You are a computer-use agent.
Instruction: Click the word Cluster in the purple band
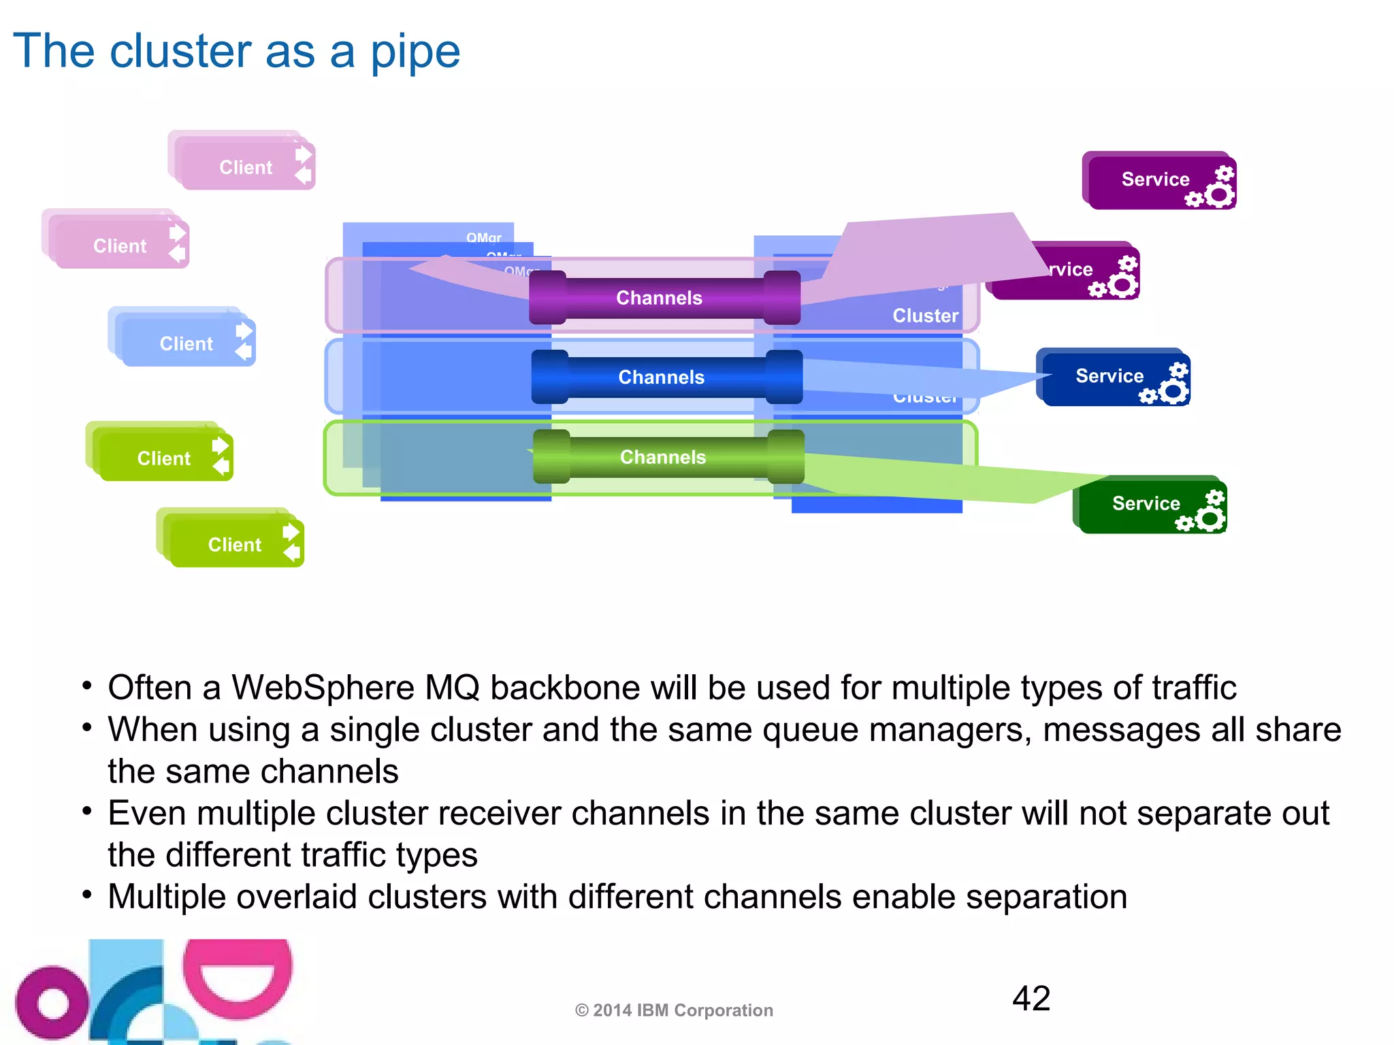click(x=925, y=316)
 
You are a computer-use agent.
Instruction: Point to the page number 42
click(x=1031, y=999)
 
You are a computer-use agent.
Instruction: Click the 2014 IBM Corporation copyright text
click(x=674, y=1010)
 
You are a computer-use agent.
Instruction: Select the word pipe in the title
click(x=415, y=52)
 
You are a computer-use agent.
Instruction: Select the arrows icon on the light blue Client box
click(x=244, y=342)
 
